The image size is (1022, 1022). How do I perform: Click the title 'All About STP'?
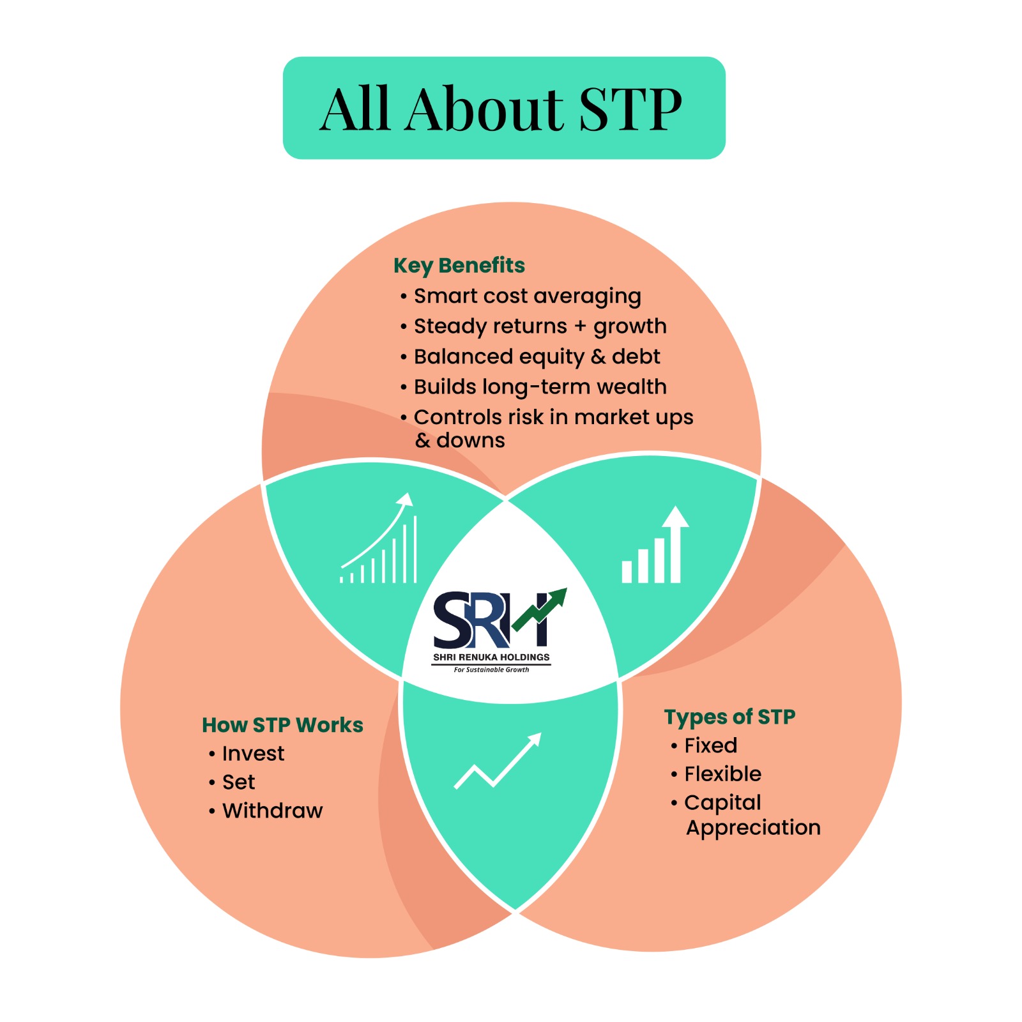click(x=501, y=109)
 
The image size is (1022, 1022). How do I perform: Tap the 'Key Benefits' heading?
click(x=459, y=266)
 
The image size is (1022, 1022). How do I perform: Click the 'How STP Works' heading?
click(x=282, y=725)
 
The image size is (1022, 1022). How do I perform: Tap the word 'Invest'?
click(x=253, y=754)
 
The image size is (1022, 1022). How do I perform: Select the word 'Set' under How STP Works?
click(x=238, y=782)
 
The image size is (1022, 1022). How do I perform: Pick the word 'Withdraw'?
click(x=273, y=811)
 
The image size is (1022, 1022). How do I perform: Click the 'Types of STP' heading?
click(x=729, y=717)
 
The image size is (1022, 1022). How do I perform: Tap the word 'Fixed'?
click(x=711, y=745)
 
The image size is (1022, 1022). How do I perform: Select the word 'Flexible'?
click(x=723, y=774)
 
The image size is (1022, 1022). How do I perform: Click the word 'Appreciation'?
click(x=753, y=828)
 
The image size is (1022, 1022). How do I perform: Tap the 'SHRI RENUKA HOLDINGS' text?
click(x=491, y=657)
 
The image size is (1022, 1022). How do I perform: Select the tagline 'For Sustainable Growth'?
click(x=491, y=669)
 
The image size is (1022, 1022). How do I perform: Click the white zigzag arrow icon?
click(x=498, y=761)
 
